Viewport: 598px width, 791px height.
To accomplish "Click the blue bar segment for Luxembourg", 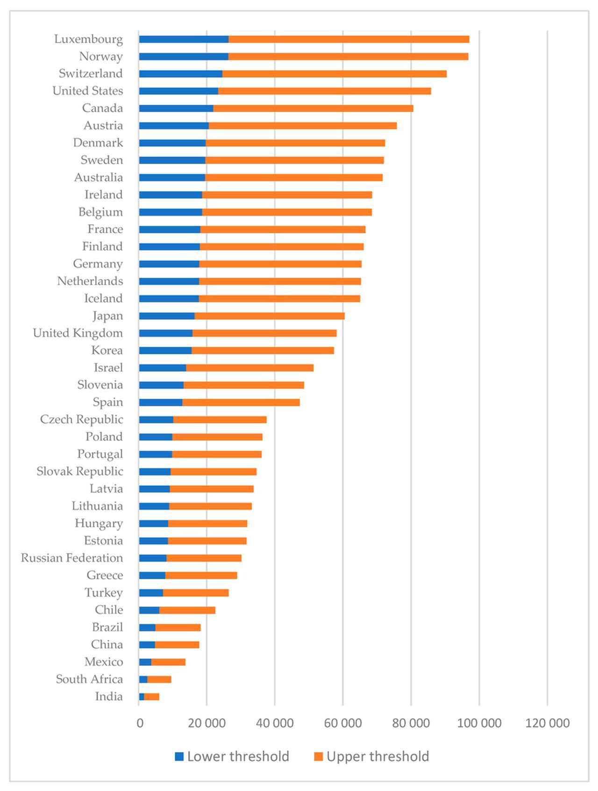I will (184, 39).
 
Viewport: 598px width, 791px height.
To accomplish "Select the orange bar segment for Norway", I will (348, 57).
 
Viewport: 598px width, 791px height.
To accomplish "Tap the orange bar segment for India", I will (152, 697).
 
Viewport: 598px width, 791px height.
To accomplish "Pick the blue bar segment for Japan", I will (166, 316).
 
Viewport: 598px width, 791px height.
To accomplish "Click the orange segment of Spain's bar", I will (241, 403).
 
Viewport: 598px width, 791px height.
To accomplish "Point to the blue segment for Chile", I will (149, 610).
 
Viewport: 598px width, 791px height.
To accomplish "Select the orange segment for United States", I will (324, 91).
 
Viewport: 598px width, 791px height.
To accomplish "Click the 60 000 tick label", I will (343, 723).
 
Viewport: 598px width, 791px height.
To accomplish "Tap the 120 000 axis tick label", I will (547, 723).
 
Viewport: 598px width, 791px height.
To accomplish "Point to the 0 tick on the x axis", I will (140, 723).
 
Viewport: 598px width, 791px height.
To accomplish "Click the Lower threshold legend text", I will (238, 756).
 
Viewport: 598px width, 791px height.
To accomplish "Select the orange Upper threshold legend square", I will (318, 756).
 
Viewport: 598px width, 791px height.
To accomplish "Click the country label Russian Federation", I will (72, 558).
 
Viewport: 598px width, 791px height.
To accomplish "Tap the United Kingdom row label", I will (78, 333).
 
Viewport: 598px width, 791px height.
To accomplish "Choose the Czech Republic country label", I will (81, 420).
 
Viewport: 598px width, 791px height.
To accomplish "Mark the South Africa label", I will (89, 679).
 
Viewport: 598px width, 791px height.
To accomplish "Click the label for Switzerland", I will (91, 74).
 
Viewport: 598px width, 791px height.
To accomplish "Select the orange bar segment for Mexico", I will (168, 662).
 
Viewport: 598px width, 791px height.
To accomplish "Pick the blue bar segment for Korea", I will (165, 351).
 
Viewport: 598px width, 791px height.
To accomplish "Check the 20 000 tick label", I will (206, 723).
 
